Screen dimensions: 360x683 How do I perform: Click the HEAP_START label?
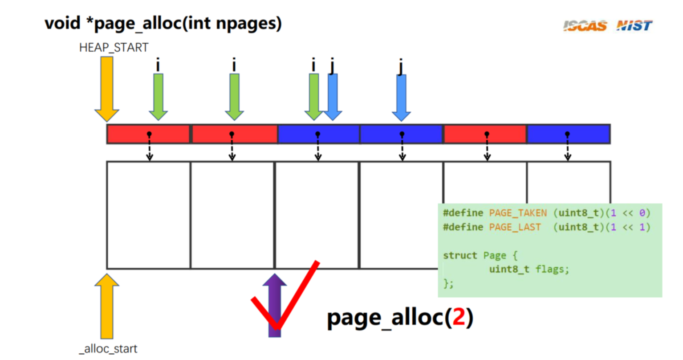click(x=114, y=48)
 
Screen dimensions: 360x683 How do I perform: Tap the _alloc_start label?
click(x=108, y=349)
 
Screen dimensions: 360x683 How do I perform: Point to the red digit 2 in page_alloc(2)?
click(x=459, y=317)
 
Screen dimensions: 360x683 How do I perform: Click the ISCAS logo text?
click(x=585, y=26)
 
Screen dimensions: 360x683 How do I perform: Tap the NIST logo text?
click(x=634, y=26)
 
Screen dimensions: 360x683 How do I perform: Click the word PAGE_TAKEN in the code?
click(x=517, y=213)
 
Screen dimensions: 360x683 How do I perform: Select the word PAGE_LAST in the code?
click(x=515, y=227)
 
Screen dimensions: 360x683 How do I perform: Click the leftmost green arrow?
click(x=158, y=96)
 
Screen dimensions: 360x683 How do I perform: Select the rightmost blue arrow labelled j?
click(x=401, y=97)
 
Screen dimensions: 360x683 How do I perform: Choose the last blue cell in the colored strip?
click(x=568, y=134)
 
